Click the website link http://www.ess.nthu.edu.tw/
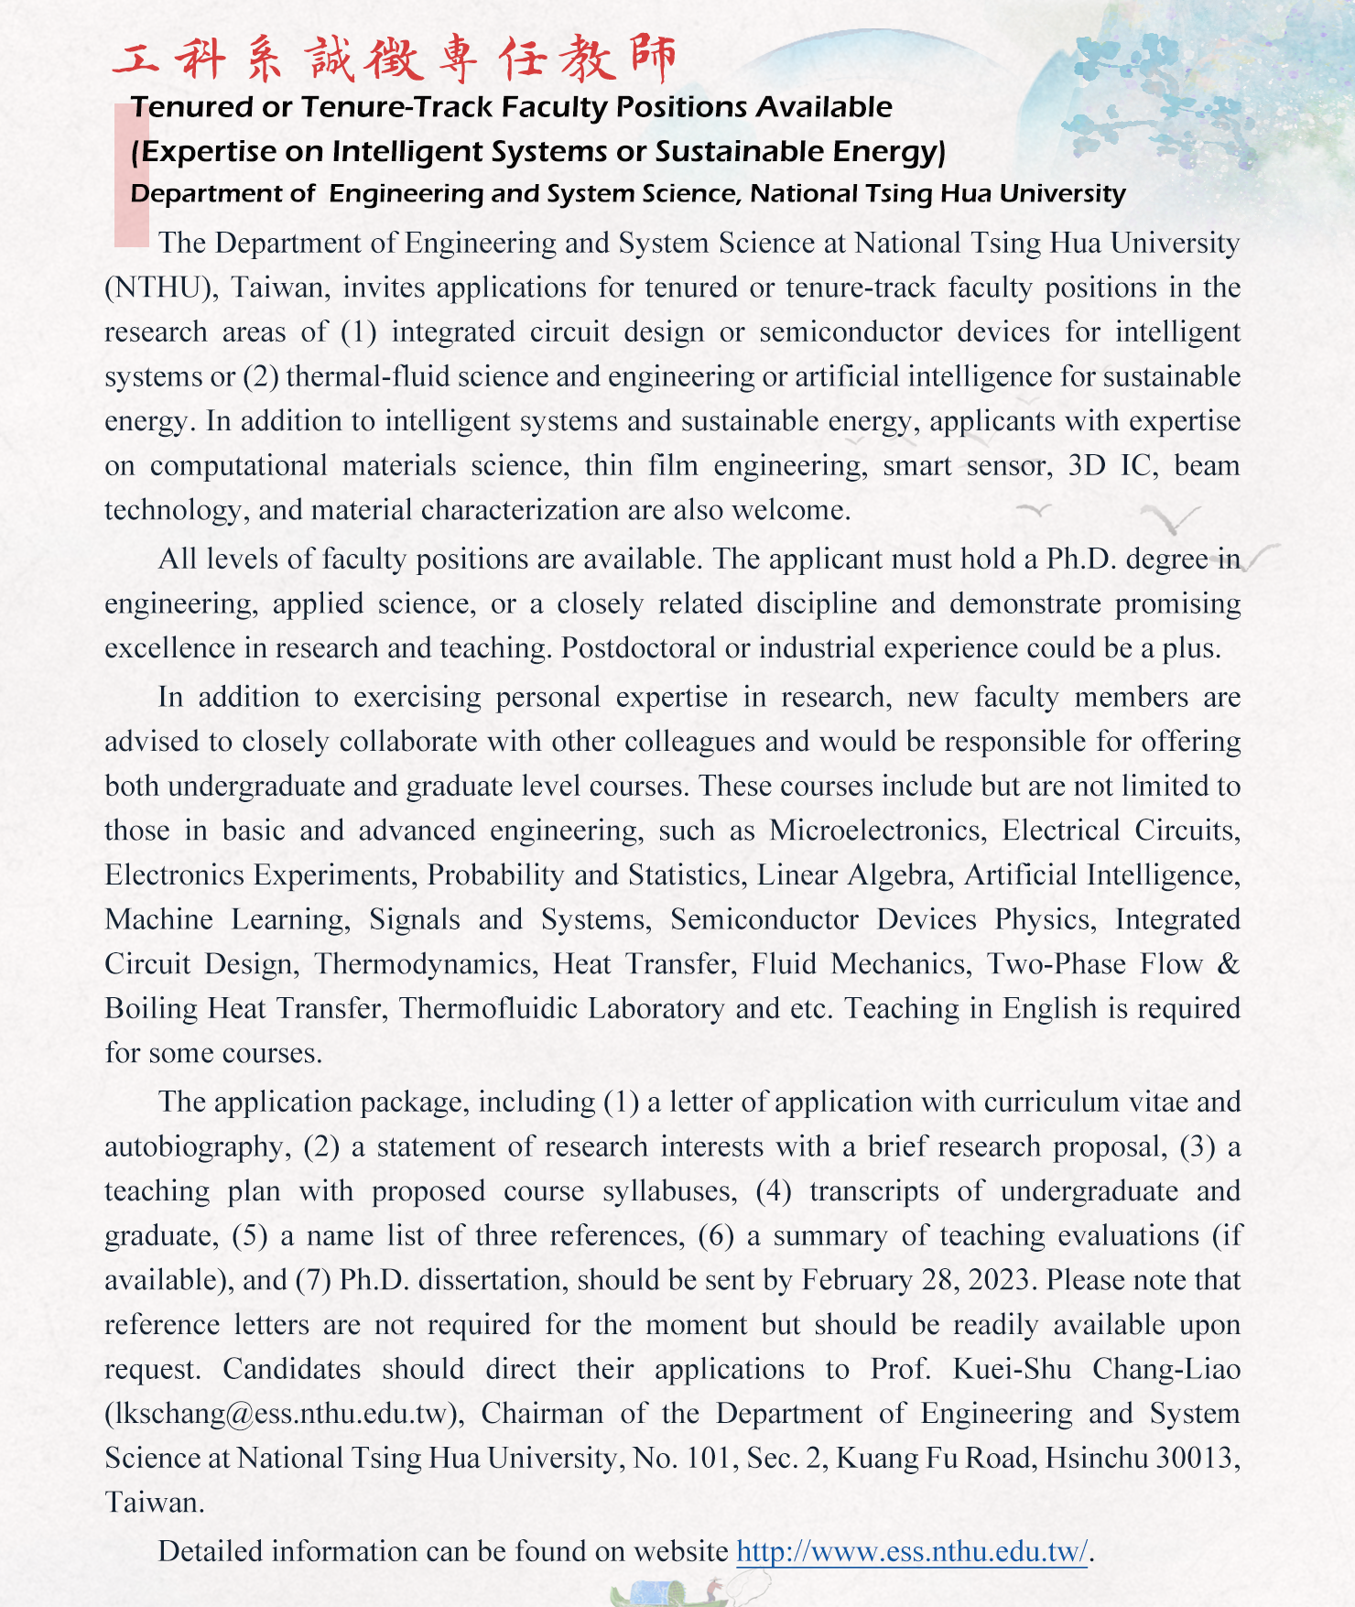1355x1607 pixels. pyautogui.click(x=912, y=1552)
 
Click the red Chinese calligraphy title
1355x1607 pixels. pyautogui.click(x=395, y=59)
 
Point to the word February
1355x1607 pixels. pyautogui.click(x=857, y=1280)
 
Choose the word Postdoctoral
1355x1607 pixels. pyautogui.click(x=638, y=648)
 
